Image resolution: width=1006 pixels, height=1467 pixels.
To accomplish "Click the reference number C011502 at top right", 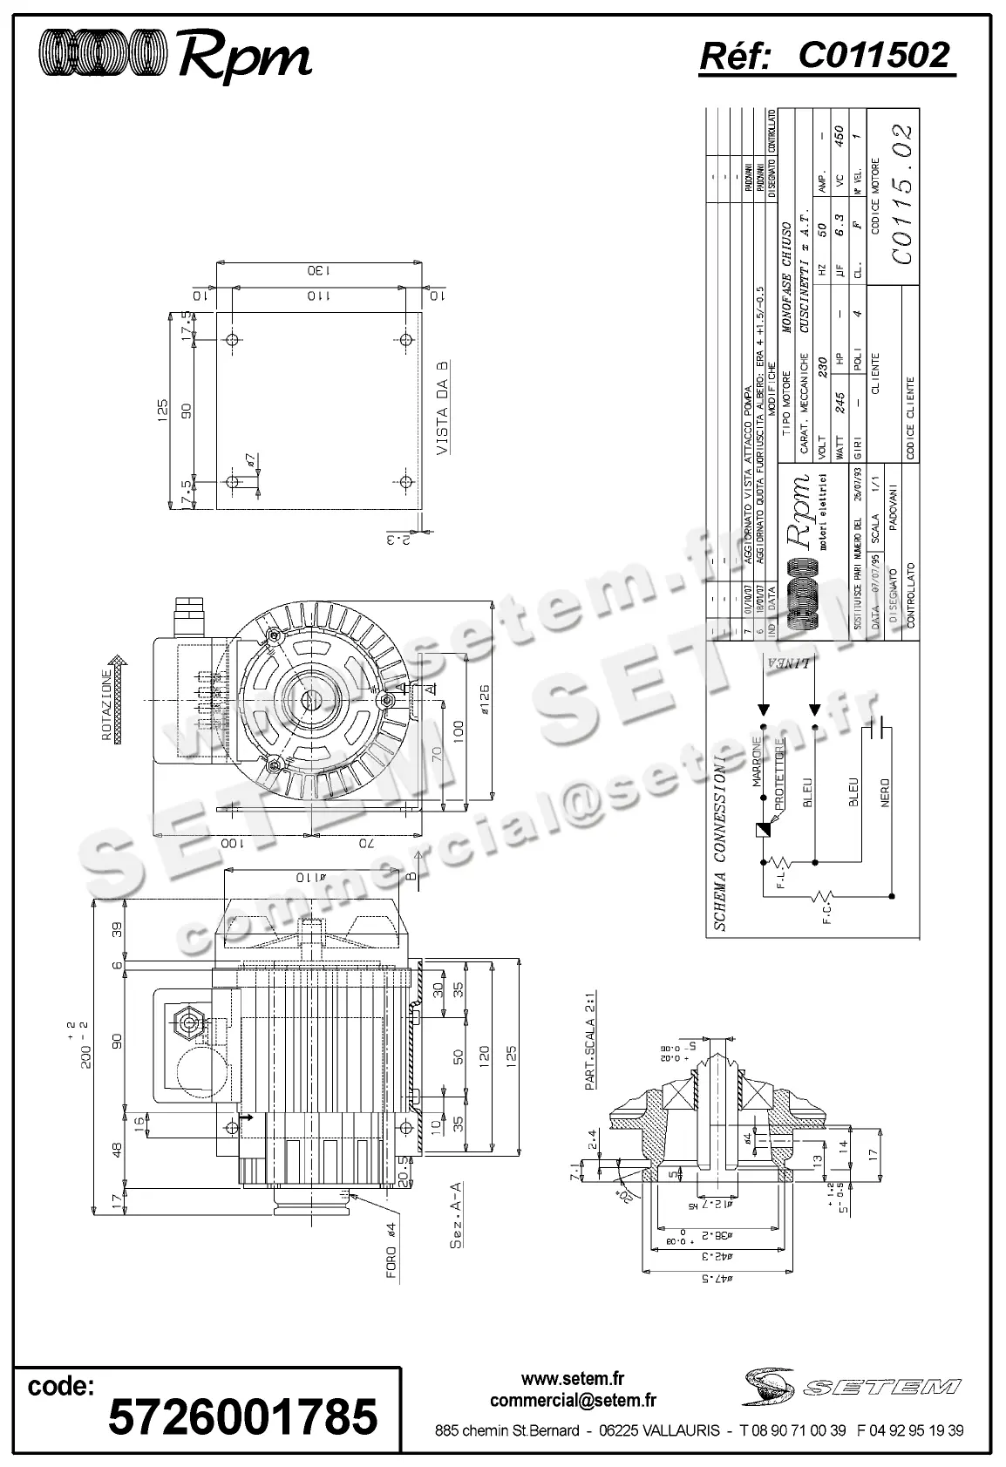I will (x=873, y=57).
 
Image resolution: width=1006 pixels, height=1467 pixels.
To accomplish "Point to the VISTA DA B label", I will (x=444, y=409).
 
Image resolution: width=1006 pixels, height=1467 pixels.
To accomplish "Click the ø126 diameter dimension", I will (x=485, y=700).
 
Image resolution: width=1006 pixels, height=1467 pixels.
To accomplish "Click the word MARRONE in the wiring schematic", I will (x=758, y=763).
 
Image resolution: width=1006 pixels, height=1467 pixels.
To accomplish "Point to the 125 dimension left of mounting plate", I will (x=161, y=409).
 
